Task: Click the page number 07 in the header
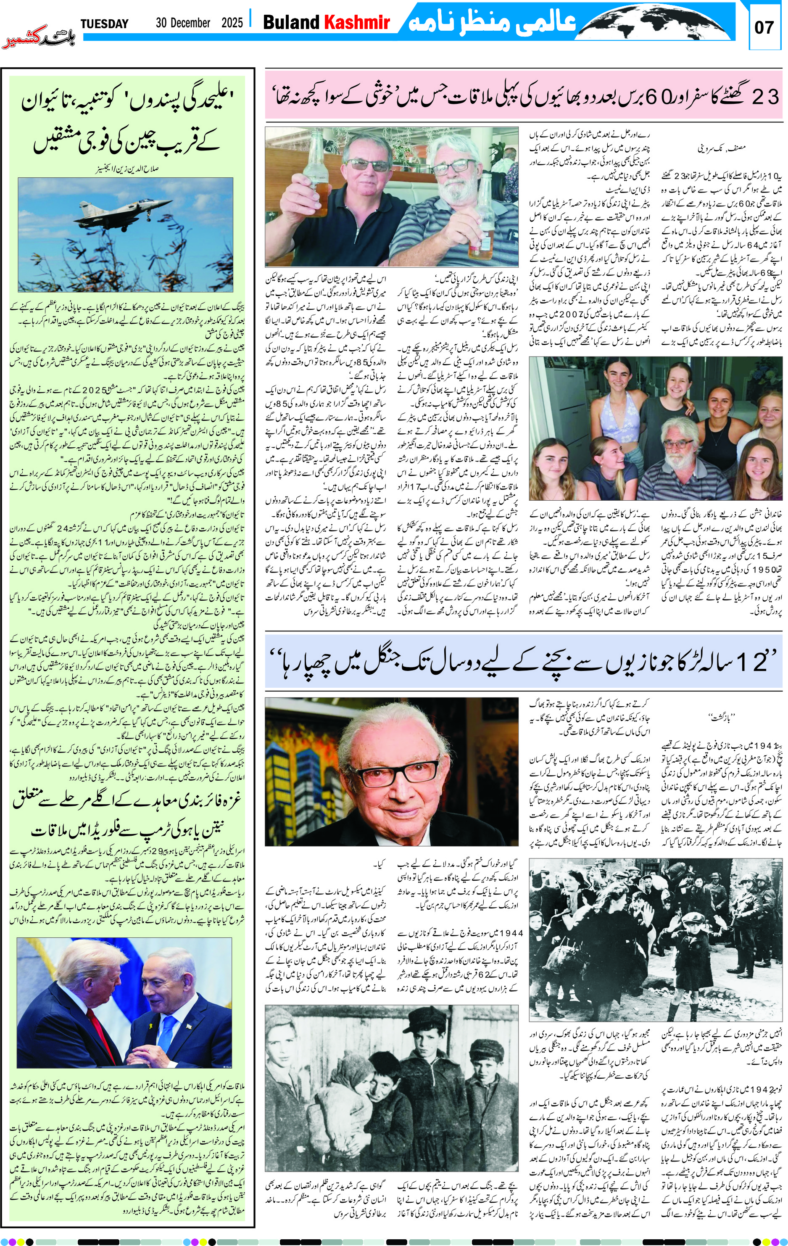(x=764, y=27)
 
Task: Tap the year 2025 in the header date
(x=232, y=23)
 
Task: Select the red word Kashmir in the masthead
(x=356, y=22)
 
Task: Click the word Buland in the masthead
(x=291, y=22)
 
